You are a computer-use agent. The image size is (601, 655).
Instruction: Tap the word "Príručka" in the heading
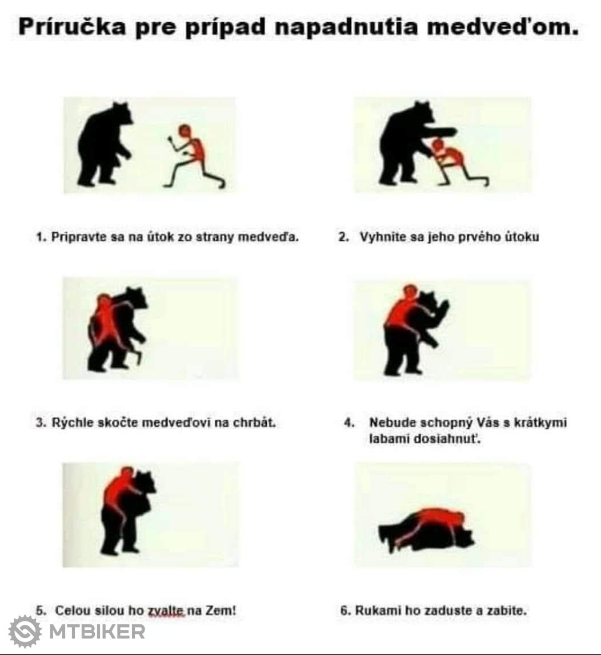click(73, 27)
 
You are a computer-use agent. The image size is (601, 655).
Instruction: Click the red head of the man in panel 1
click(185, 131)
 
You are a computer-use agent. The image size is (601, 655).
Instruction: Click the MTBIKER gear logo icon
click(25, 631)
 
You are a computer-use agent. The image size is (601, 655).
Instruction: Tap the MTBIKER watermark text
click(97, 631)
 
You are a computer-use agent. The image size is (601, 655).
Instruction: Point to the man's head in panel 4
click(410, 292)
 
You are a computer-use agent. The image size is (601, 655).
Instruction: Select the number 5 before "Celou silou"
click(40, 610)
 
